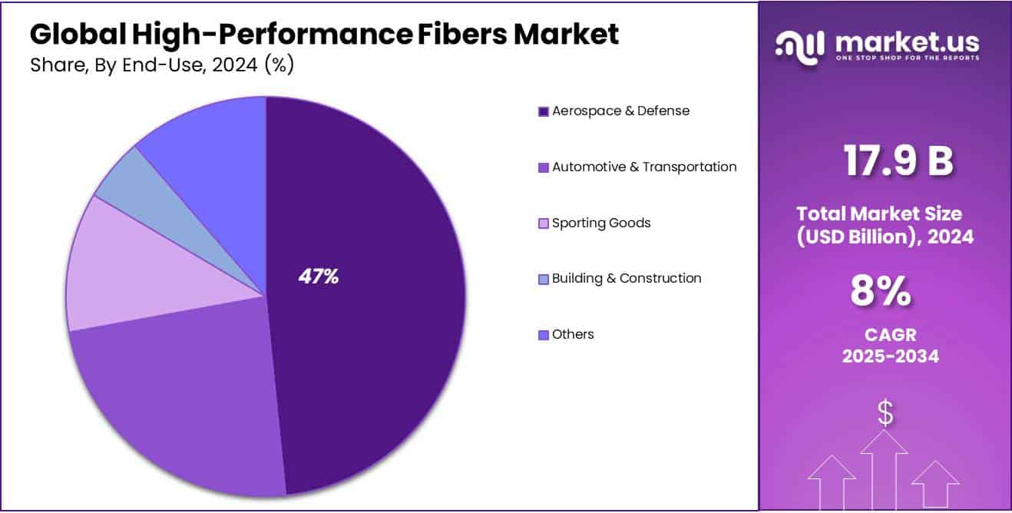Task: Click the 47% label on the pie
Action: tap(319, 277)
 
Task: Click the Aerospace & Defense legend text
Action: tap(620, 111)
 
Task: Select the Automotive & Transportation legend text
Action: tap(644, 167)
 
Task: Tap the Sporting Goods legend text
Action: tap(601, 223)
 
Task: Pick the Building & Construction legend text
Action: tap(627, 278)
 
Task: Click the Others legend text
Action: tap(573, 334)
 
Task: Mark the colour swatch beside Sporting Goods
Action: tap(544, 223)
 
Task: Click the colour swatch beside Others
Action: tap(544, 335)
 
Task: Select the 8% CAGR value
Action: tap(881, 291)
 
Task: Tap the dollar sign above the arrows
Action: tap(885, 414)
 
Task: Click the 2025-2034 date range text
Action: tap(891, 356)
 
